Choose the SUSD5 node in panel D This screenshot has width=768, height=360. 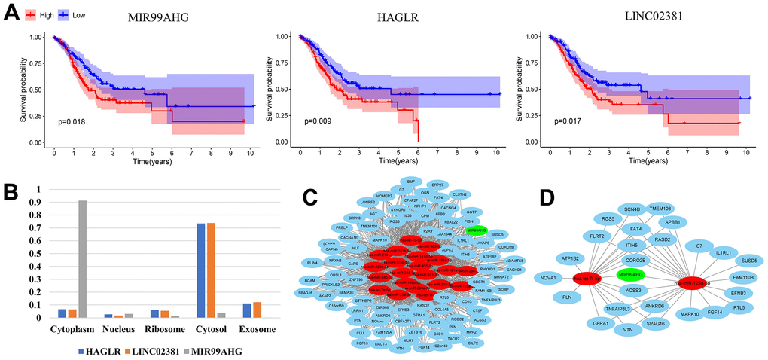(748, 261)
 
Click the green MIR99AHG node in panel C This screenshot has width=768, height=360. (477, 230)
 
